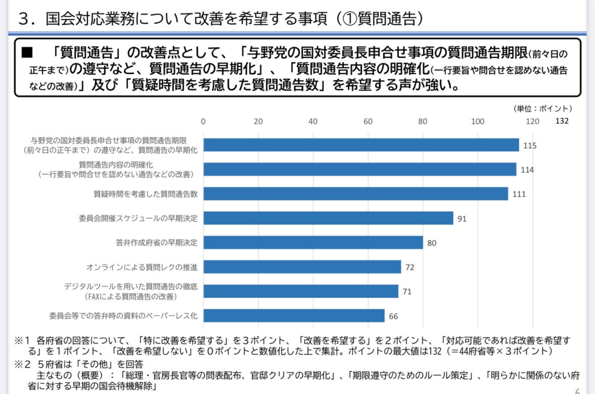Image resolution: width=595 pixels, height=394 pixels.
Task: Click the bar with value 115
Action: [x=361, y=145]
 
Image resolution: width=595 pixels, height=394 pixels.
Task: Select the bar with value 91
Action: [x=328, y=218]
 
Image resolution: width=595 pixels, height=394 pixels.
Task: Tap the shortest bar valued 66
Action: [x=294, y=316]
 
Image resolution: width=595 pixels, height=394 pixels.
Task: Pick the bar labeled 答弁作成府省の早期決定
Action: [x=313, y=242]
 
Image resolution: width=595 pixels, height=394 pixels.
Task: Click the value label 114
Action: [x=527, y=170]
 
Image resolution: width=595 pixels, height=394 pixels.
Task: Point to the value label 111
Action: [x=519, y=194]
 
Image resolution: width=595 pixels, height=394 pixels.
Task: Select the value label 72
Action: [x=410, y=267]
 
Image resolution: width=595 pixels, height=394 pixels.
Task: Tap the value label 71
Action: [x=407, y=291]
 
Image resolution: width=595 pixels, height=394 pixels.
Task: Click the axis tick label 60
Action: [x=368, y=121]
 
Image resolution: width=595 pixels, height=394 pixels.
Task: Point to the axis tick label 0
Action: [x=203, y=121]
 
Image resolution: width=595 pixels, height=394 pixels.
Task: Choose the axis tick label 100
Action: [x=477, y=121]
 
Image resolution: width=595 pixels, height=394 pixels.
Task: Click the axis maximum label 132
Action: [x=562, y=121]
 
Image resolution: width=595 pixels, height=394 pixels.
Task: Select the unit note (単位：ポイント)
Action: [x=542, y=108]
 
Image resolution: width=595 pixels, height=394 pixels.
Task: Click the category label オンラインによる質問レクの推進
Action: [x=142, y=267]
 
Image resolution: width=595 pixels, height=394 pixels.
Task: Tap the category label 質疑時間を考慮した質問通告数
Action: [x=145, y=193]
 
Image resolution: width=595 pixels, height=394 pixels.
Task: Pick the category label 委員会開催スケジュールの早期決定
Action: [x=138, y=218]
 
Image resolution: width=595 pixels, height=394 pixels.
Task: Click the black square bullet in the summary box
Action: [x=27, y=52]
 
